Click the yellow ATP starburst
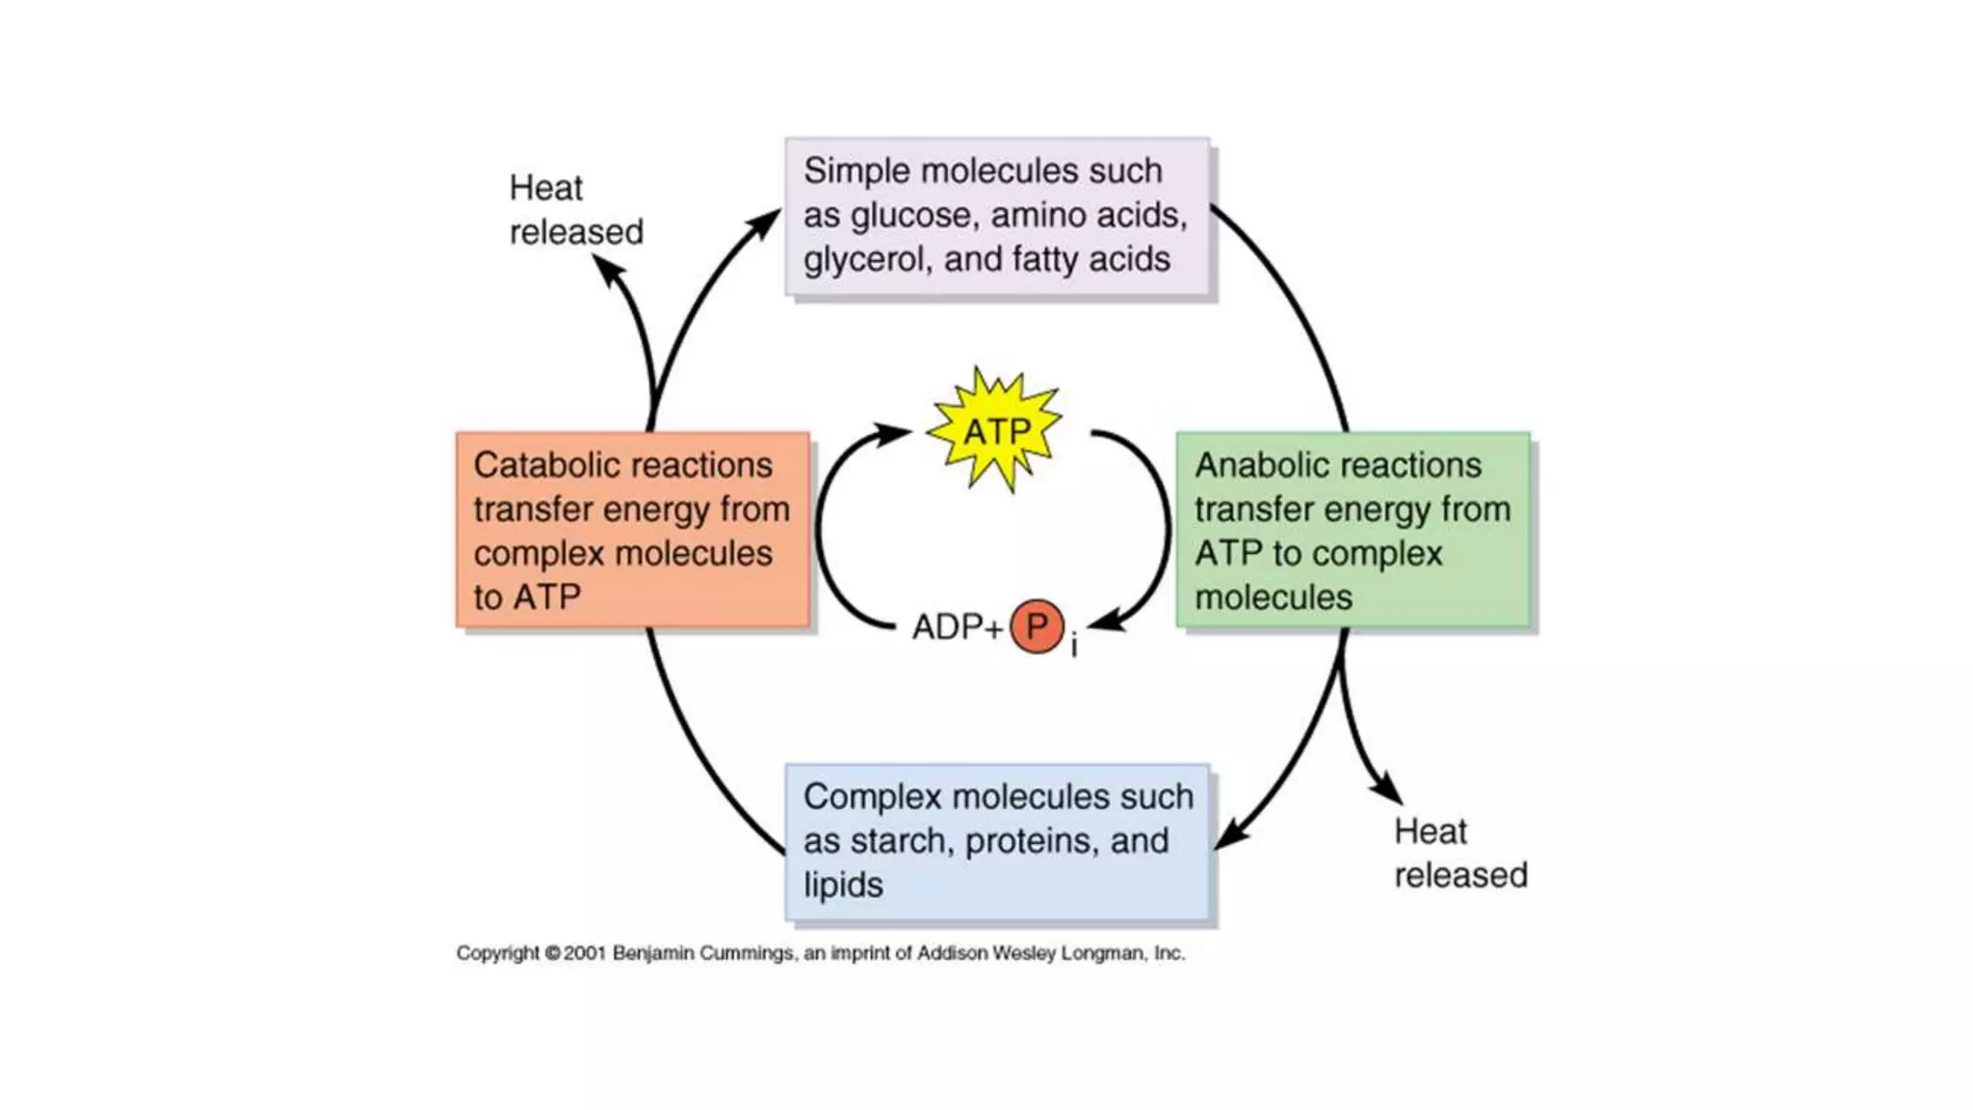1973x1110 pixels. (995, 431)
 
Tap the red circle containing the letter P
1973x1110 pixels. (1037, 627)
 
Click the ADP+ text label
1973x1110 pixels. (957, 627)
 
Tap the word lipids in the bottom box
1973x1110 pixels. (843, 885)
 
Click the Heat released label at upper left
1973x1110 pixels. (575, 209)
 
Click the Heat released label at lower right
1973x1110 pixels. (1460, 853)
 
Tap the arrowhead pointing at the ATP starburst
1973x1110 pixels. (896, 433)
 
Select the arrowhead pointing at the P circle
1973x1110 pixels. (1103, 622)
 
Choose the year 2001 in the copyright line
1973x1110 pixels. (585, 953)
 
